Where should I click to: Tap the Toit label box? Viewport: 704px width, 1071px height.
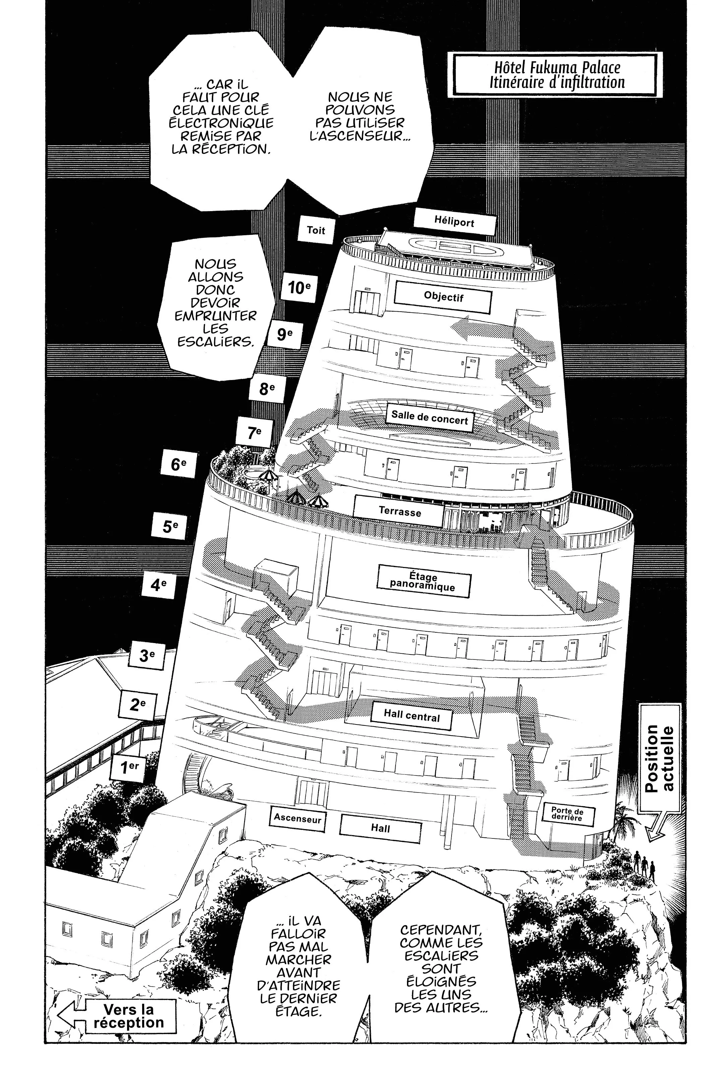pyautogui.click(x=316, y=231)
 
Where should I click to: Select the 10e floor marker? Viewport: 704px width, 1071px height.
pyautogui.click(x=299, y=287)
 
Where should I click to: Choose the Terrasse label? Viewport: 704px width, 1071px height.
pyautogui.click(x=400, y=512)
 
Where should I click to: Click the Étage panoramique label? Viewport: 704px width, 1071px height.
pyautogui.click(x=423, y=582)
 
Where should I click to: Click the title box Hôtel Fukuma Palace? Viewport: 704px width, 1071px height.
pyautogui.click(x=557, y=75)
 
